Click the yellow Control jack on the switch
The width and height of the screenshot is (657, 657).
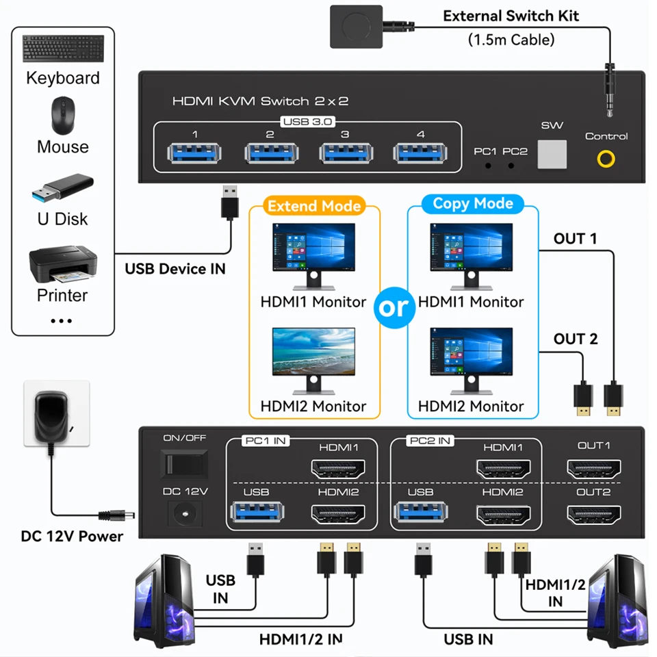(x=606, y=159)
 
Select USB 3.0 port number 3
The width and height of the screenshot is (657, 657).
(x=345, y=153)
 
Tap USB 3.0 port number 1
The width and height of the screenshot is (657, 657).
(x=195, y=153)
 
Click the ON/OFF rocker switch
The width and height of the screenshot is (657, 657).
(x=185, y=463)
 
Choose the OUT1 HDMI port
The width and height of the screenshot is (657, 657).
(x=593, y=469)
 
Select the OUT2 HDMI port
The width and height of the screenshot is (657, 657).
(x=593, y=515)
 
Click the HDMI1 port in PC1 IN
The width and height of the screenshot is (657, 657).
(x=338, y=469)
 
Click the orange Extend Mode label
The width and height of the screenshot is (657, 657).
(x=314, y=206)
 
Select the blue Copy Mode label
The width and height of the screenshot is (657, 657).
(x=473, y=204)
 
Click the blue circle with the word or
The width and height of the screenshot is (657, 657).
(x=394, y=308)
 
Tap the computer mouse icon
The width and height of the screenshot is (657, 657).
(x=63, y=115)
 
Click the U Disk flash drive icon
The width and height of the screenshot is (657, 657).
(x=63, y=188)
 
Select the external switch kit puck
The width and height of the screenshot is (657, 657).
(x=357, y=26)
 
